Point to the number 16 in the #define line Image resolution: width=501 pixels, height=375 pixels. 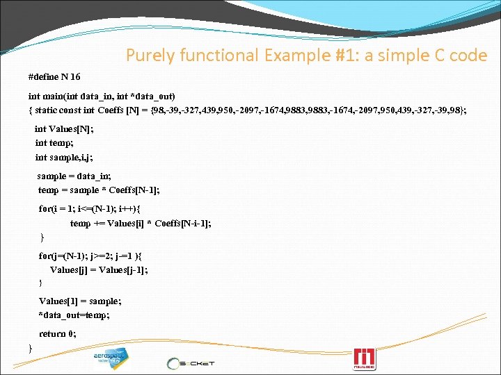pos(74,76)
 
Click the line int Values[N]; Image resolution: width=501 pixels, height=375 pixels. pos(64,128)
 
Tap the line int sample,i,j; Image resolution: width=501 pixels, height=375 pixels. pos(64,158)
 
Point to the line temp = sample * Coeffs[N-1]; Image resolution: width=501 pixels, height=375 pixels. pos(99,190)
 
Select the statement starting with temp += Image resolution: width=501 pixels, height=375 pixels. pos(141,223)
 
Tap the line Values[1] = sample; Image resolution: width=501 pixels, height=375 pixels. pos(80,301)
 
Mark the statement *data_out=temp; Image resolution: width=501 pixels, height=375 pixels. pos(74,315)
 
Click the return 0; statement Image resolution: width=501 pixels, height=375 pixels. pos(58,333)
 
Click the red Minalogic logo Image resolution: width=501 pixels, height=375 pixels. pos(365,358)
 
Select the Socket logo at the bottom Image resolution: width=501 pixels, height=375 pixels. pos(191,362)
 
